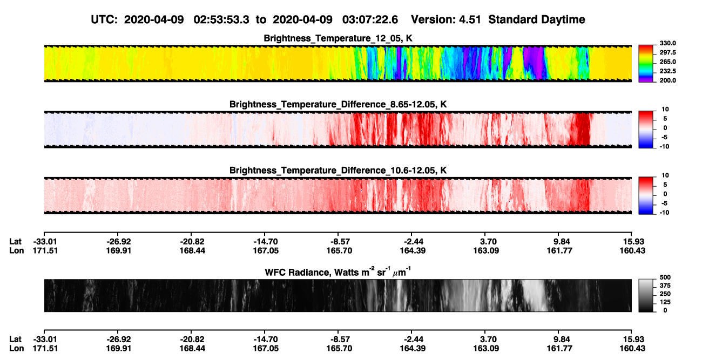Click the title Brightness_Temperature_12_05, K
338,38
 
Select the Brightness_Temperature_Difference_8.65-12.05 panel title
338,104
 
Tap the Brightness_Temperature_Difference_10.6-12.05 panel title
338,171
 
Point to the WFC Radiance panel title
338,272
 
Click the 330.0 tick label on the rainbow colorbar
667,43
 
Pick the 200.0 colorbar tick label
667,80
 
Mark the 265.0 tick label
667,62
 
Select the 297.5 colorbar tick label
667,52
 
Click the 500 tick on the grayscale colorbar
665,277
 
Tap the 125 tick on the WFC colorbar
665,302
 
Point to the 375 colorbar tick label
665,286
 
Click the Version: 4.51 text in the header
446,20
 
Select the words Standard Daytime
537,20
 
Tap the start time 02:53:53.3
221,20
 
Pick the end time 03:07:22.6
370,20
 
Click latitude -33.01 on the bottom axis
45,339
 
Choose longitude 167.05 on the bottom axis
266,349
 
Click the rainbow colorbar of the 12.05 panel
646,64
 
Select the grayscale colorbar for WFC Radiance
646,295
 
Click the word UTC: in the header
104,20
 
